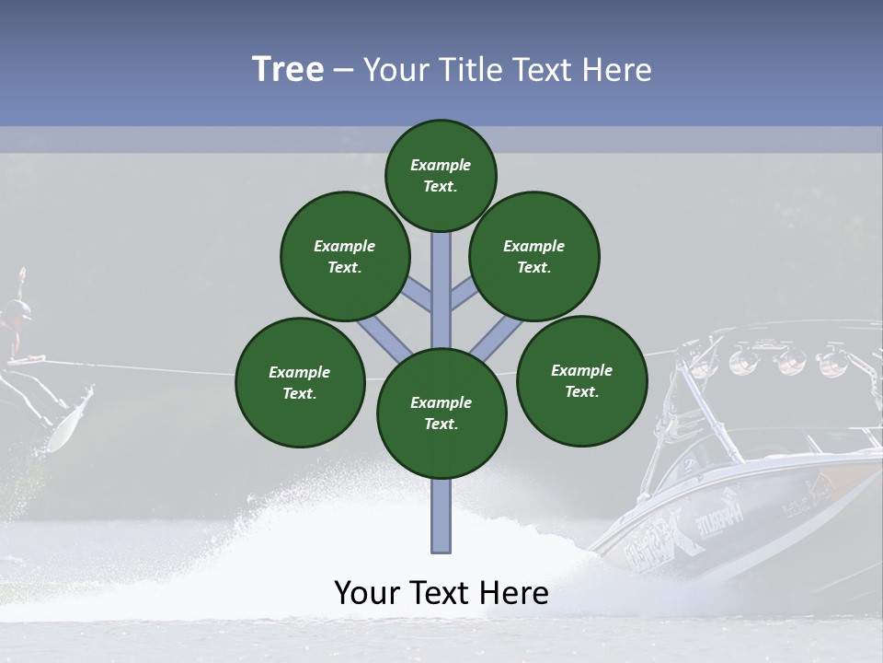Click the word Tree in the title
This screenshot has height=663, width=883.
[288, 69]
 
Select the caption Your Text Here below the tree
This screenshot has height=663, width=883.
[441, 593]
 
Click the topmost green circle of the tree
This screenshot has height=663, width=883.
[441, 175]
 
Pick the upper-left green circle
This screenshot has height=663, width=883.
[345, 256]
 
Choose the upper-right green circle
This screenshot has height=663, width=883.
[534, 256]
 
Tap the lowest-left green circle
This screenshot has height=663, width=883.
[300, 382]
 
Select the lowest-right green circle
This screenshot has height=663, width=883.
[581, 380]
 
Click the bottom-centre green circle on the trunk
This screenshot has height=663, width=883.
[441, 413]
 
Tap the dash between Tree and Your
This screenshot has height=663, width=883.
[343, 71]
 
